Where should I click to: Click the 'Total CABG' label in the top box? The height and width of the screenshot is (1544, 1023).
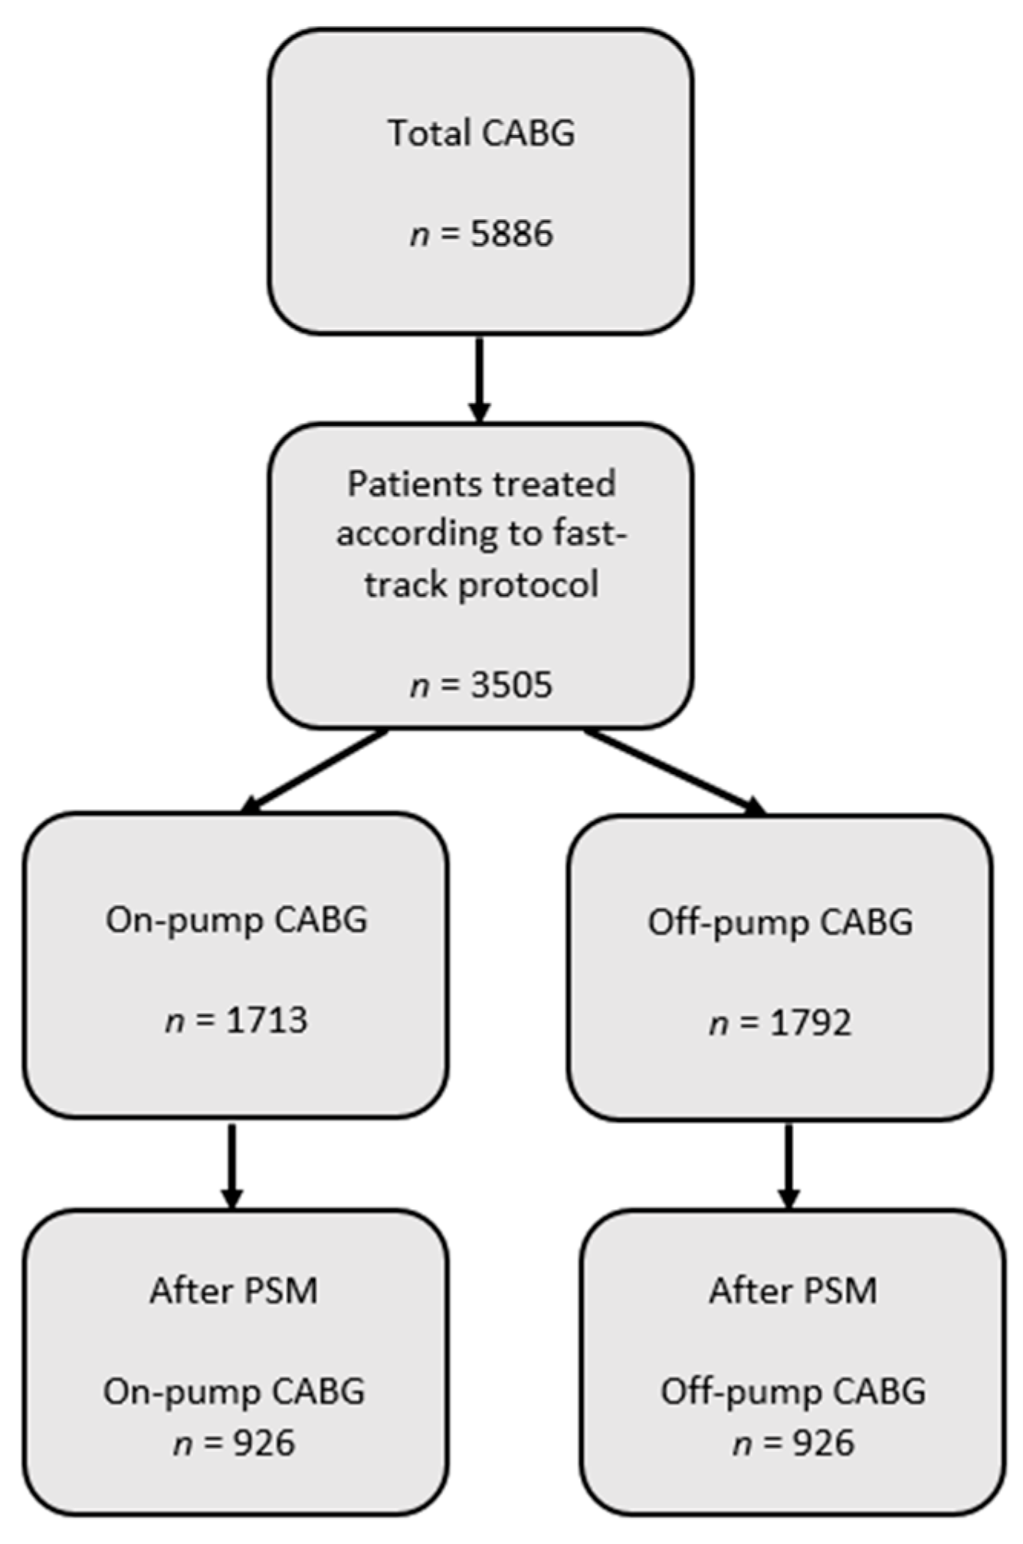coord(481,133)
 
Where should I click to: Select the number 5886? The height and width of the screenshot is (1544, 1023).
coord(511,234)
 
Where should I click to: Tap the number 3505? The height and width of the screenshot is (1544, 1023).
coord(511,684)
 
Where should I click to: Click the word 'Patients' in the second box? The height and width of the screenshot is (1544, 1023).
coord(406,484)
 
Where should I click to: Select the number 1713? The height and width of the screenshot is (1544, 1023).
coord(267,1020)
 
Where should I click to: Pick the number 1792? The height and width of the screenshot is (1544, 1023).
coord(810,1023)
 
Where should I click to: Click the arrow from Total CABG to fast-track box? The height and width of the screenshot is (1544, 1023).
coord(479,379)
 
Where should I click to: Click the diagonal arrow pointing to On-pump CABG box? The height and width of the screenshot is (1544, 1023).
coord(314,770)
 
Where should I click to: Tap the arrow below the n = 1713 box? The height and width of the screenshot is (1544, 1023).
coord(232,1165)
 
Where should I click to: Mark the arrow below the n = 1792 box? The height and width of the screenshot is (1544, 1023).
coord(789,1165)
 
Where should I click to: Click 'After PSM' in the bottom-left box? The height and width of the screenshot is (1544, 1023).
coord(234,1291)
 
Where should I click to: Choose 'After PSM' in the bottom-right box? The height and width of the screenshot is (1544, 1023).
coord(793,1291)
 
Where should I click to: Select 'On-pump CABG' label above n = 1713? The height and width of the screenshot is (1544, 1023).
coord(236,920)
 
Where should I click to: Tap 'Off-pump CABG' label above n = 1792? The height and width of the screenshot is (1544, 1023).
coord(780,922)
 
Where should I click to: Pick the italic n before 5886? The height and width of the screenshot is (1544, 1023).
coord(420,234)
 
